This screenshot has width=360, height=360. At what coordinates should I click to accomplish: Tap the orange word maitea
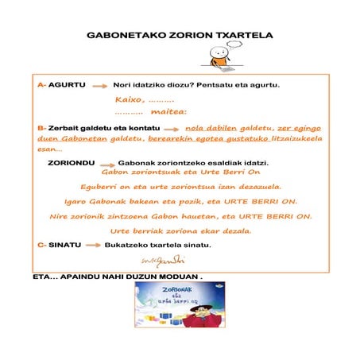tap(168, 112)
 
